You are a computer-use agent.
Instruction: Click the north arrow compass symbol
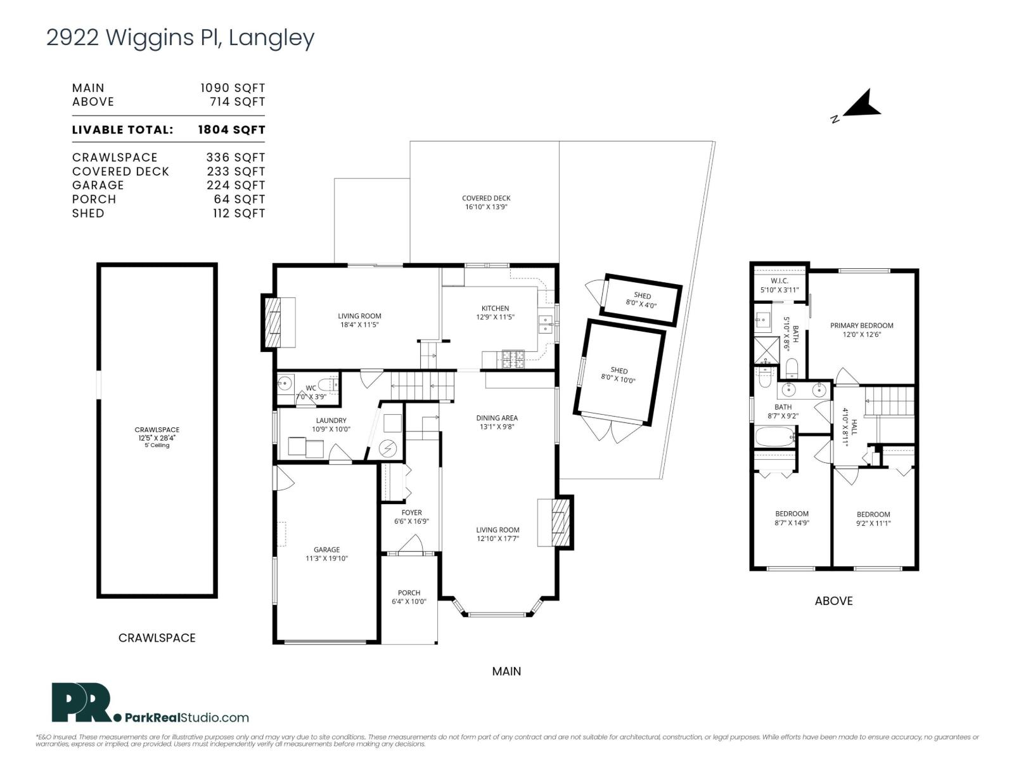[861, 105]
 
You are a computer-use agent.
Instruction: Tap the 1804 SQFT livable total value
[231, 130]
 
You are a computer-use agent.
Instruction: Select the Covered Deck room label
[486, 198]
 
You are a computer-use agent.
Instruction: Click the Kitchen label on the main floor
[495, 308]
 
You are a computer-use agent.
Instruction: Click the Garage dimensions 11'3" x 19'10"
[326, 559]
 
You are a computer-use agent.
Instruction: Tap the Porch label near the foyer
[409, 593]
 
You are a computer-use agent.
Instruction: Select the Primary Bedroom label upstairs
[861, 325]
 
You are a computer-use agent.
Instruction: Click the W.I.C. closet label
[779, 281]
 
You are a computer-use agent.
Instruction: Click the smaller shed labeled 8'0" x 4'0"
[642, 299]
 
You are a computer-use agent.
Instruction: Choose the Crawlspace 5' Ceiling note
[157, 445]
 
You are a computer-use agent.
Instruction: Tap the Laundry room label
[331, 420]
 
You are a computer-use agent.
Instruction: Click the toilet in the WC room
[328, 384]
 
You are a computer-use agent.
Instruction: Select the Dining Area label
[497, 418]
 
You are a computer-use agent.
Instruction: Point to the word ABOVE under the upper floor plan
[833, 601]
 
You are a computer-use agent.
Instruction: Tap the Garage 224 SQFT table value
[235, 185]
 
